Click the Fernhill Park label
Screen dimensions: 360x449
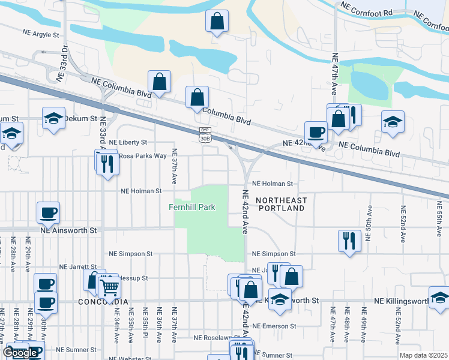(191, 208)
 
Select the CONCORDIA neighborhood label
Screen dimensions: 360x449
(103, 302)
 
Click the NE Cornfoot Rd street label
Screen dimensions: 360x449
(366, 11)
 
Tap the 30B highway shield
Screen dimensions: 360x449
(205, 138)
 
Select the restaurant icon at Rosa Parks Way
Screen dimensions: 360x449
(107, 163)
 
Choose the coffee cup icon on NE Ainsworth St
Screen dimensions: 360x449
(48, 212)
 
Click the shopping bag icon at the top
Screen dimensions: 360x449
(217, 21)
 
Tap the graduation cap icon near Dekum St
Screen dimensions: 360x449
(53, 118)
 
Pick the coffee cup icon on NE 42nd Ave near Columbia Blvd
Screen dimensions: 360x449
(316, 132)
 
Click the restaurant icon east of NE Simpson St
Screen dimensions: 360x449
(349, 241)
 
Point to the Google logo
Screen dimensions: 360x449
(20, 353)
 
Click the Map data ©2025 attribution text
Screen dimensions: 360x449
(423, 355)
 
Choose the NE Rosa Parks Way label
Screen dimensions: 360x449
(142, 155)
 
